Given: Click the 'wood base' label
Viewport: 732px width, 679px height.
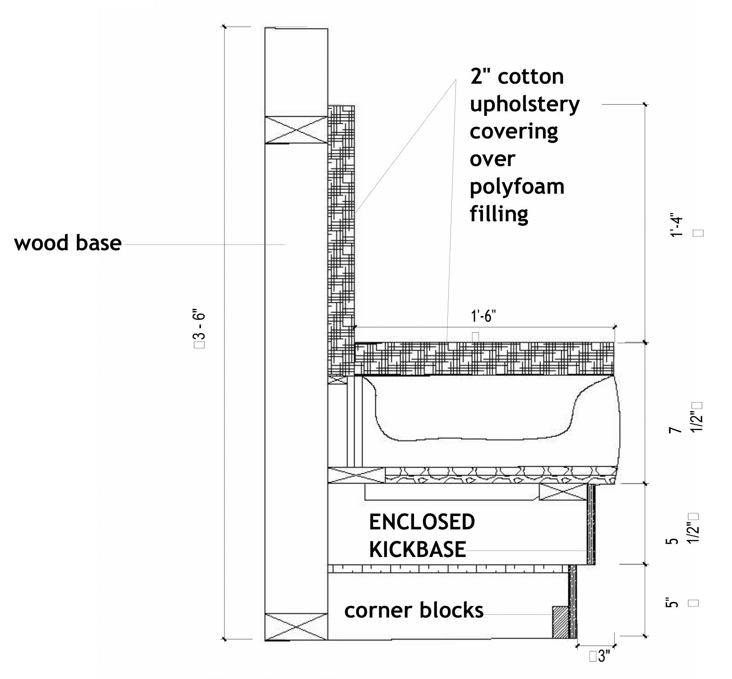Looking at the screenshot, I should (x=68, y=243).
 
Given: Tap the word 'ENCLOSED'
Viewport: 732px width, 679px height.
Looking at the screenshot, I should (x=422, y=522).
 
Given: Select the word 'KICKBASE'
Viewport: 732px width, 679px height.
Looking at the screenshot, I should (x=417, y=549).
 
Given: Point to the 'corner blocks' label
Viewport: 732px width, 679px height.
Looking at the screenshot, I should (x=414, y=610).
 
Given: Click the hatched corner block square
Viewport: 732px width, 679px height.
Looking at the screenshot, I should (x=560, y=622).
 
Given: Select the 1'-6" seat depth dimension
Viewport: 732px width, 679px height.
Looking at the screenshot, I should (x=483, y=317).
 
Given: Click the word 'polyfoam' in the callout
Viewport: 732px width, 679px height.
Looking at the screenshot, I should (x=517, y=187).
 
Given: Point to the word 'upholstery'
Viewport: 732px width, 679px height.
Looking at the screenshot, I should (x=525, y=105).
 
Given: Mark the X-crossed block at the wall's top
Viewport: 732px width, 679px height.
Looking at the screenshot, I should (x=296, y=130).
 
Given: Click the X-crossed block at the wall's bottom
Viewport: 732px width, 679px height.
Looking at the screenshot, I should (x=296, y=626).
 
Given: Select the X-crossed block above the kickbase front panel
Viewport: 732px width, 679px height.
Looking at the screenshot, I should (x=563, y=492).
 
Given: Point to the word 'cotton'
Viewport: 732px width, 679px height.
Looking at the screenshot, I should (x=531, y=77).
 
